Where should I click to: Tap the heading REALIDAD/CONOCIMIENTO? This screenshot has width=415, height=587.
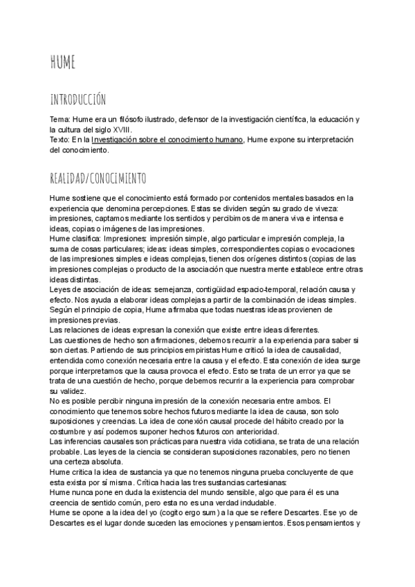pos(98,178)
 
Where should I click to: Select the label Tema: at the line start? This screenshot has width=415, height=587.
pos(60,120)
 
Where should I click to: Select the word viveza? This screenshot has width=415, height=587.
pos(340,208)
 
